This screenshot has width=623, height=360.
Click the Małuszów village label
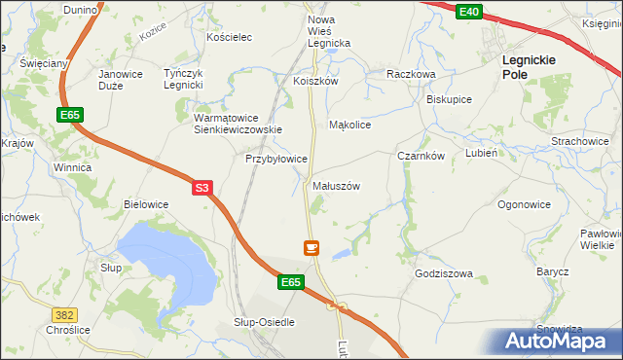coord(337,186)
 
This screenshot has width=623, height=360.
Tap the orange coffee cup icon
coord(311,248)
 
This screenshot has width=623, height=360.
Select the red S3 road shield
coord(202,189)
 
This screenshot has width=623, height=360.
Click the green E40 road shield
coord(468,11)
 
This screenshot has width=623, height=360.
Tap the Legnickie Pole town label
coord(529,66)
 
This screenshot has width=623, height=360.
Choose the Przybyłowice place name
coord(276,158)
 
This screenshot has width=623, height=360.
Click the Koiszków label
coord(315,82)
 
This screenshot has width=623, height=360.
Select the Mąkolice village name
coord(350,126)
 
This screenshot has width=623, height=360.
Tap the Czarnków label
coord(421,156)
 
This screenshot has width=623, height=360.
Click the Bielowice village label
coord(146,204)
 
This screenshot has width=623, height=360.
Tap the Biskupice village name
coord(449,99)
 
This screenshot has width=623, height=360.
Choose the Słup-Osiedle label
coord(264,322)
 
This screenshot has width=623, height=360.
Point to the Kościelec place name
coord(230,37)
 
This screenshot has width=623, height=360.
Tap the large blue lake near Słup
coord(165,258)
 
